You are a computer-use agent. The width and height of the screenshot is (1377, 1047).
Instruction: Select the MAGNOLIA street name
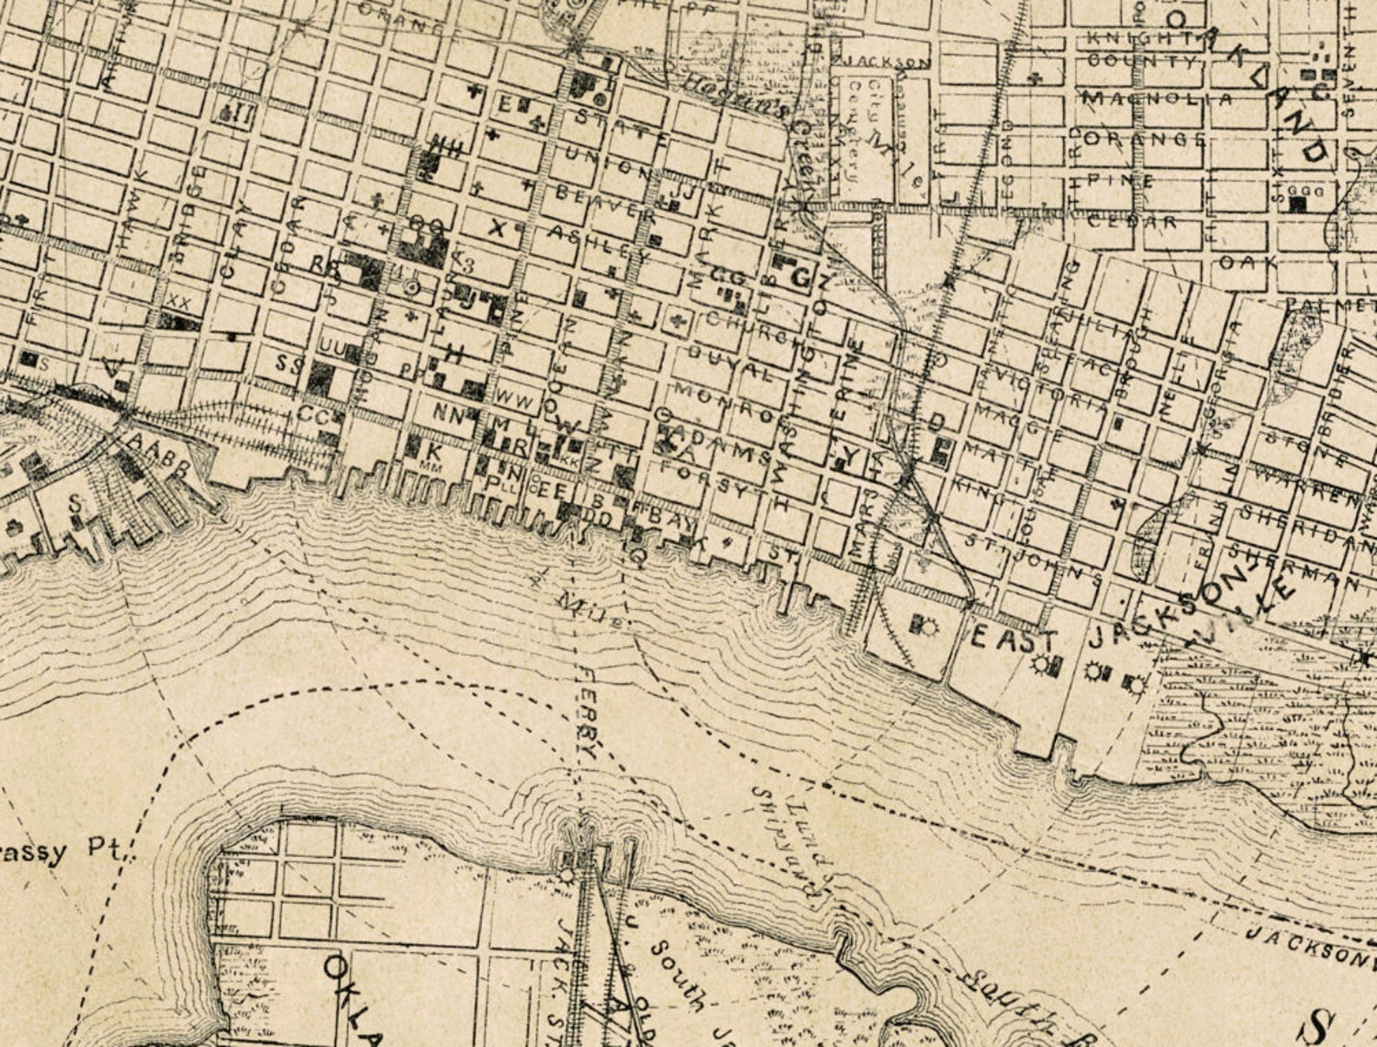pyautogui.click(x=1157, y=100)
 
